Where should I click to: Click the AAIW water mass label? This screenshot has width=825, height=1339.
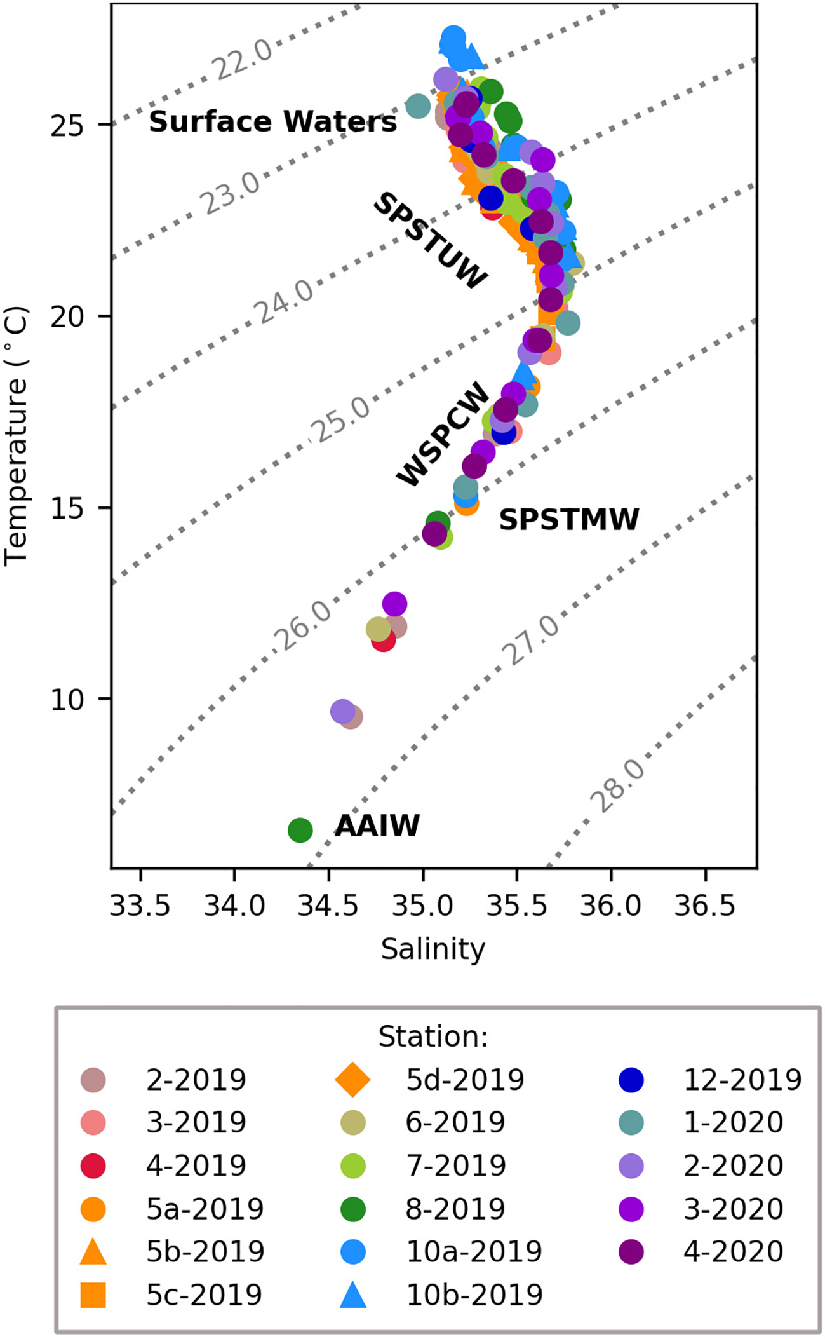[377, 826]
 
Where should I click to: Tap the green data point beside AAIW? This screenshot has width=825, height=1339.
[300, 829]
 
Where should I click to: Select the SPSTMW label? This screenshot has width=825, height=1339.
[568, 519]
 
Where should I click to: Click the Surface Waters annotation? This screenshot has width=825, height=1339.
[272, 121]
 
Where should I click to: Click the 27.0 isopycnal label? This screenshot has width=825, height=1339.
[530, 640]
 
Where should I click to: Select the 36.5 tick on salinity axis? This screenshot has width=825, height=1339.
[704, 905]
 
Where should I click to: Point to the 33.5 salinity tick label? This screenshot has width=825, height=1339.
[140, 905]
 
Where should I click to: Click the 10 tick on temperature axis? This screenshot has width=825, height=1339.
[67, 700]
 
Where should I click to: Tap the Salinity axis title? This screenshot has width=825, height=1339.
[433, 949]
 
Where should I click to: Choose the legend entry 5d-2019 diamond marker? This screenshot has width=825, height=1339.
[352, 1079]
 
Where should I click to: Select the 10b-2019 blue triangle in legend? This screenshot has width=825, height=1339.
[353, 1295]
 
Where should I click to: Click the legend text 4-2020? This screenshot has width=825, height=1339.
[733, 1251]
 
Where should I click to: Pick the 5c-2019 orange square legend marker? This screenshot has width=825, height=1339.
[93, 1295]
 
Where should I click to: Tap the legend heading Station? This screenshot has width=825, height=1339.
[433, 1037]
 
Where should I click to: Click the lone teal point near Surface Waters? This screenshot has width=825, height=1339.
[417, 105]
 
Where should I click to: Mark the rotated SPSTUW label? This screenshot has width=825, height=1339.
[430, 240]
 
